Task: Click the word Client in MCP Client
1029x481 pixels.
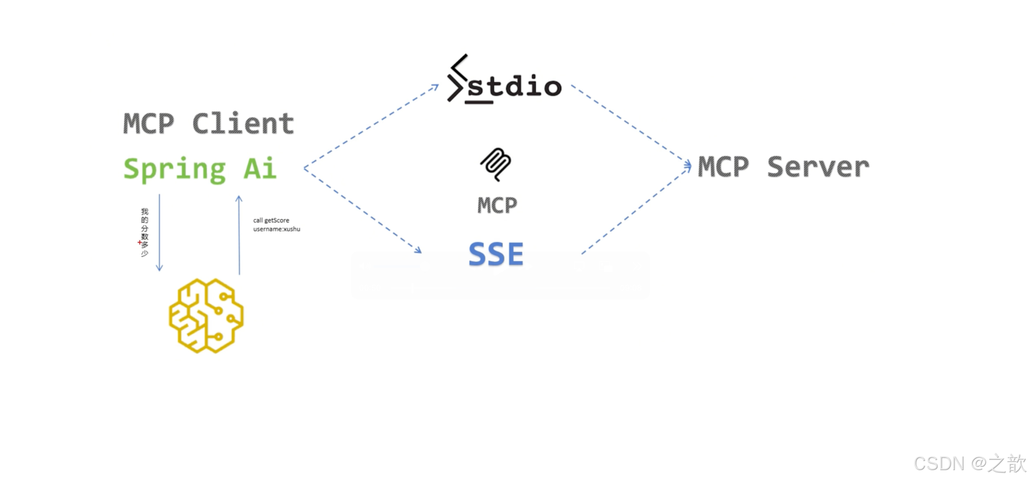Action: click(x=243, y=124)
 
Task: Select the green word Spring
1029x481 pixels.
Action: click(x=174, y=169)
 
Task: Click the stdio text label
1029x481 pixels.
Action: click(x=514, y=87)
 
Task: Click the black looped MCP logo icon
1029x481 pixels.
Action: click(x=495, y=164)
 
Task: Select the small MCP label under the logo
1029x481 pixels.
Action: click(x=497, y=205)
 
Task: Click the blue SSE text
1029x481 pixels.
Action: click(x=496, y=254)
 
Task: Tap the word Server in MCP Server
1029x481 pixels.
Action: click(x=818, y=166)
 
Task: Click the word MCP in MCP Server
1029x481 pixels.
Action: click(x=723, y=166)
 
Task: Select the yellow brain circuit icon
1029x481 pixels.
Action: click(x=206, y=316)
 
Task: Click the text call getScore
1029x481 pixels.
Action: click(x=271, y=220)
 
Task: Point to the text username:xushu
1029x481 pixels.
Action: click(x=277, y=229)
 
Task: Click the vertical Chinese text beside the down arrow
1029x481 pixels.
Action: click(x=145, y=232)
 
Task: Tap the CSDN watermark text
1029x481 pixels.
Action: click(x=969, y=464)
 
